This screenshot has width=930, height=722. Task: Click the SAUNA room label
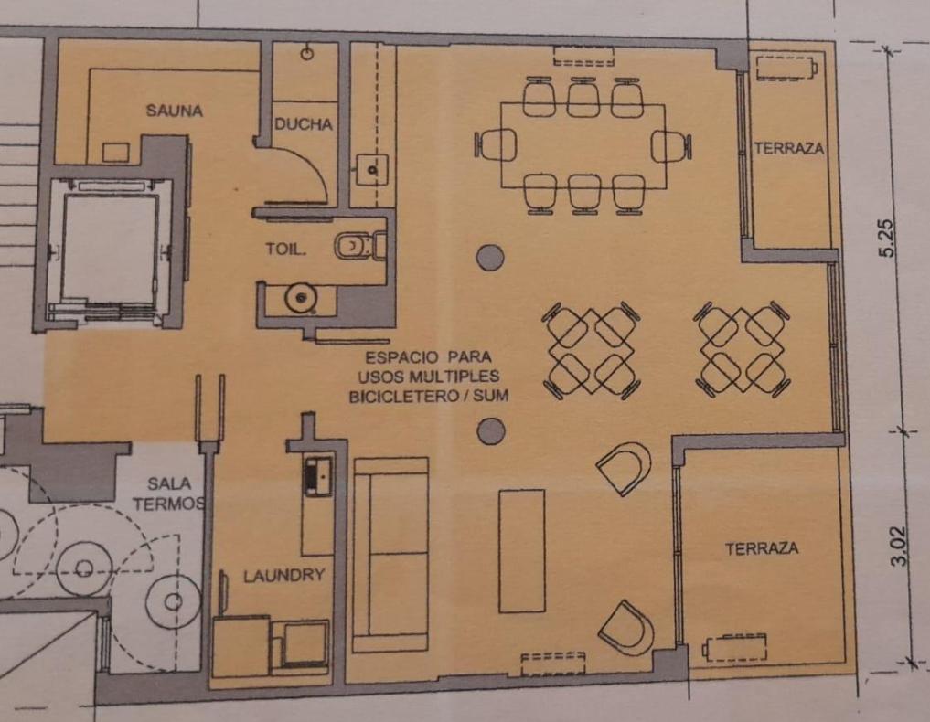[175, 111]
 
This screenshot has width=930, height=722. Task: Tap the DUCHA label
[303, 124]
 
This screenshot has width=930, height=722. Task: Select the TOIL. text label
[286, 249]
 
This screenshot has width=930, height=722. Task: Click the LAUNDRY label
[284, 575]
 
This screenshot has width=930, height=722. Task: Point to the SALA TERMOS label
[169, 494]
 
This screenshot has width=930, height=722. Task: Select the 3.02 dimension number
[900, 546]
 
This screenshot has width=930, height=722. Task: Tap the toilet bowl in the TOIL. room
[355, 246]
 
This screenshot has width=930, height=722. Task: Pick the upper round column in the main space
[490, 257]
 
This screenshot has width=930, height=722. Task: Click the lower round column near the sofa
[491, 431]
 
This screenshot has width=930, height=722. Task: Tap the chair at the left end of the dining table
[496, 145]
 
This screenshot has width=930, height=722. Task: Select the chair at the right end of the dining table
[671, 146]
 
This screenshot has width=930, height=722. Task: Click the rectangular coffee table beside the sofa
[522, 551]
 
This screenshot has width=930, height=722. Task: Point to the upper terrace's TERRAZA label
[789, 148]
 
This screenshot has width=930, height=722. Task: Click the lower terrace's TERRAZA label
[762, 549]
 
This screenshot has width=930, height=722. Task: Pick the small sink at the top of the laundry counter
[317, 475]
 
